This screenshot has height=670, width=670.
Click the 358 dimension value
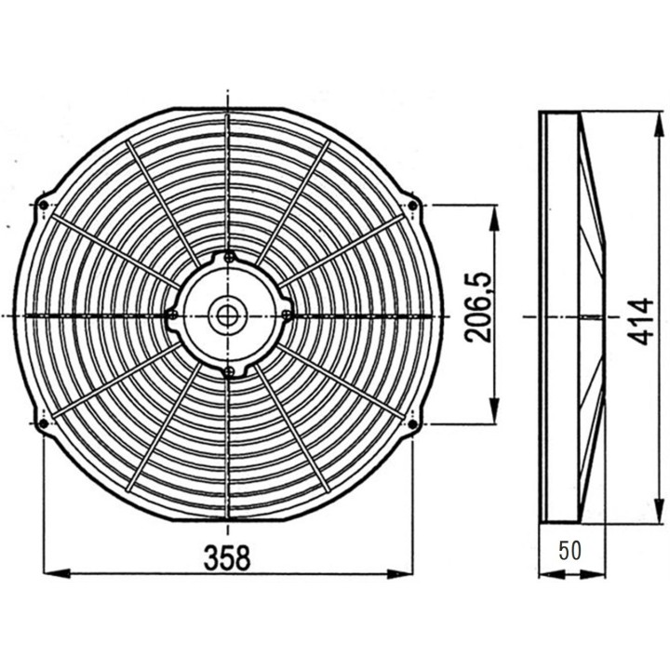pos(228,558)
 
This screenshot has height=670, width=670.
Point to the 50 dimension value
pos(570,550)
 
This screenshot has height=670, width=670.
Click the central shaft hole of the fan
pos(227,315)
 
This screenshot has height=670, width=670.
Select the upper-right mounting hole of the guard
pos(412,205)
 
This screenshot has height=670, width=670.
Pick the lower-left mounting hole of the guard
pos(44,424)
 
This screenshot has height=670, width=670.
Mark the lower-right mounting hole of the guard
pos(412,424)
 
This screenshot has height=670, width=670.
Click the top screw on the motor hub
pos(229,257)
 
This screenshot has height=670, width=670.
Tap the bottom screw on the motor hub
pos(228,372)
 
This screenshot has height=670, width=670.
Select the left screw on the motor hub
pos(171,315)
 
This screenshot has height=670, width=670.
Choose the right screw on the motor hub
pos(286,315)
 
